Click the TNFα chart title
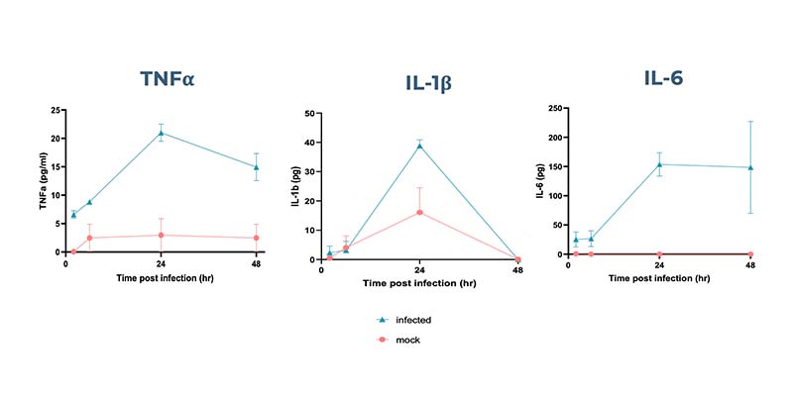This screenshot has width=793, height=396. pos(166,78)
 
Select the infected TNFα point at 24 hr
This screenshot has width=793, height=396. pos(162,133)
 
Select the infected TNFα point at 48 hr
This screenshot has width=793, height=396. pos(257,167)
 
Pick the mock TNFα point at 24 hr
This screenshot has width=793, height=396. pos(162,236)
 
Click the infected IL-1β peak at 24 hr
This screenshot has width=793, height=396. pos(419,146)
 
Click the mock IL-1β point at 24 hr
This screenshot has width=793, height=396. pos(419,213)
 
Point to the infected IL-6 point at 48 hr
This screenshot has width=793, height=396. pos(750,167)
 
